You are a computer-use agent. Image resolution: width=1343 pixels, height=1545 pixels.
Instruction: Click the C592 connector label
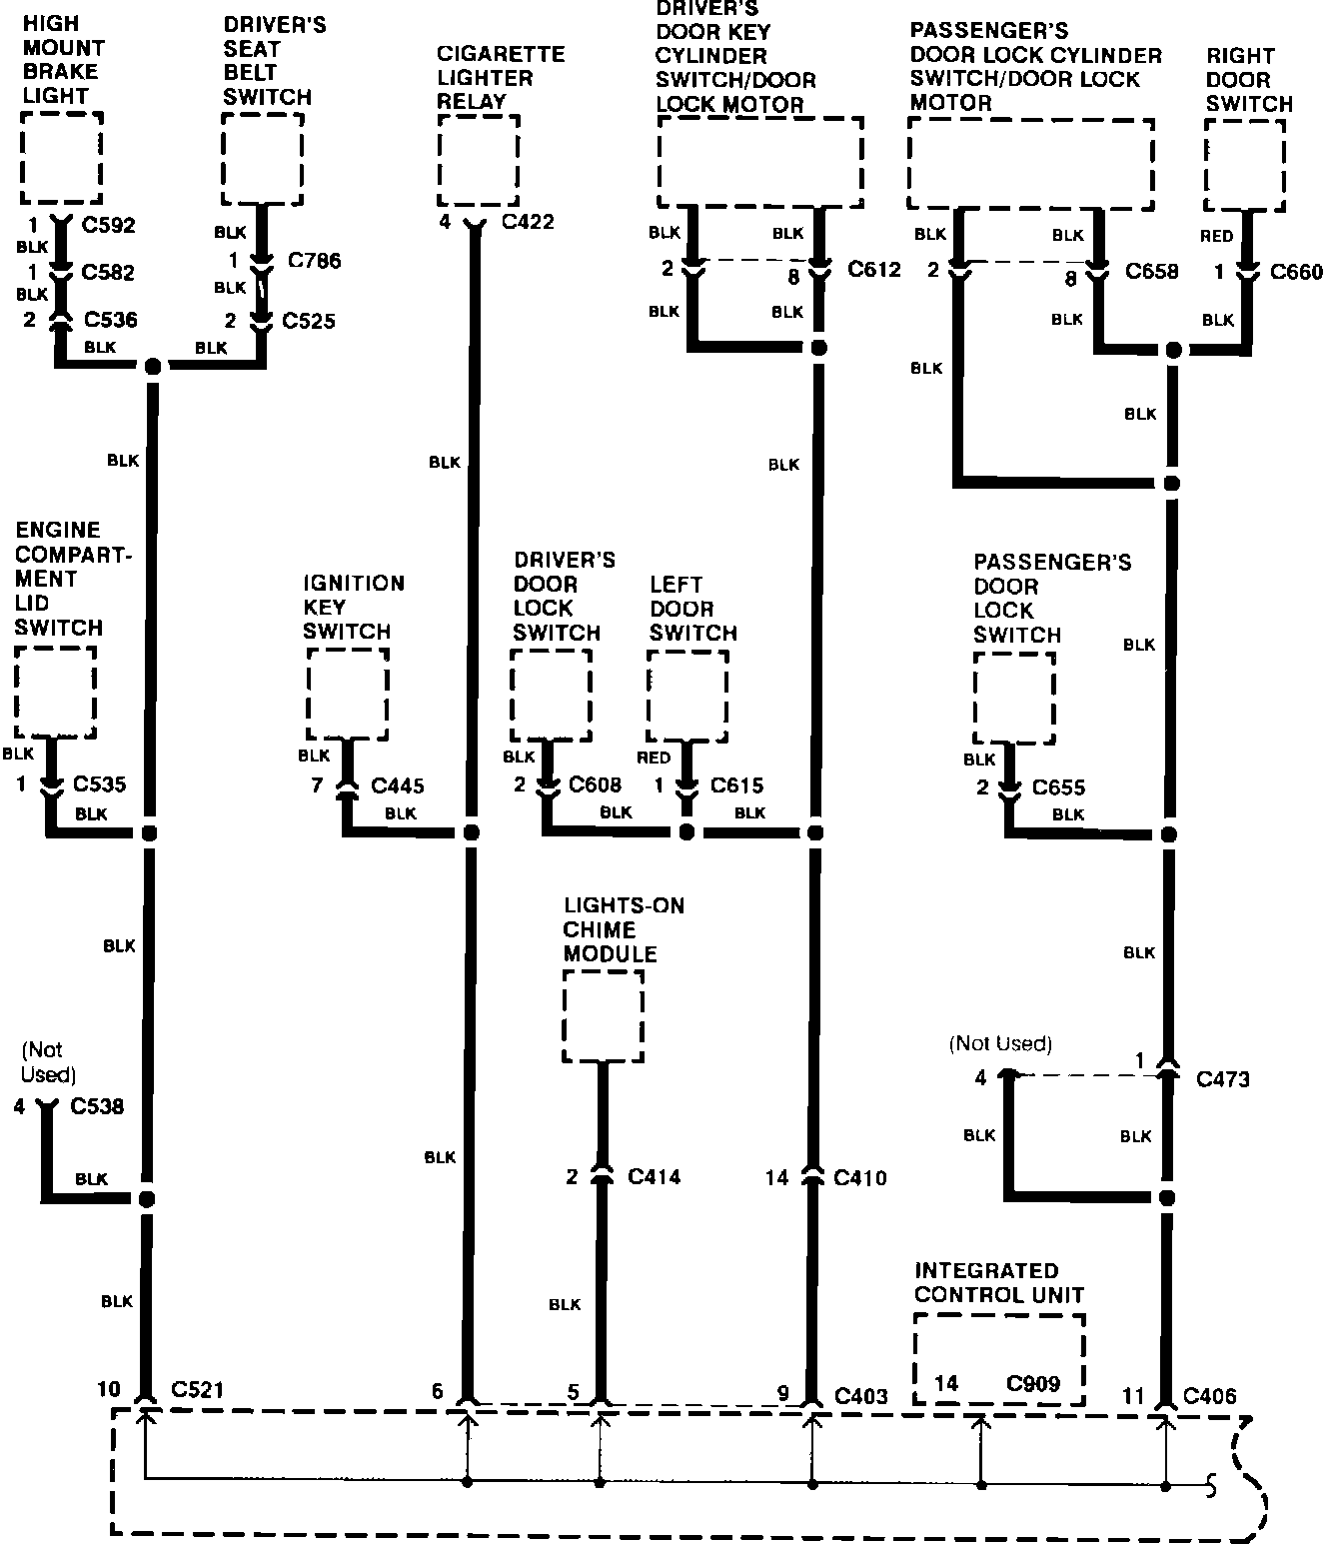pyautogui.click(x=108, y=226)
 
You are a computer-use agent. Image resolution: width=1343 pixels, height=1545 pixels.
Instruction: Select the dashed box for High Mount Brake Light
pyautogui.click(x=62, y=158)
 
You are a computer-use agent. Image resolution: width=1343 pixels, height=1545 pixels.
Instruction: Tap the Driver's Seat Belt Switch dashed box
pyautogui.click(x=263, y=158)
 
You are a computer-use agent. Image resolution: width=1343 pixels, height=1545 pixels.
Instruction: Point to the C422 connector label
pyautogui.click(x=528, y=222)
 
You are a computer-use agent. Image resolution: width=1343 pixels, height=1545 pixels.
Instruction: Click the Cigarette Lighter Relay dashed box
pyautogui.click(x=479, y=161)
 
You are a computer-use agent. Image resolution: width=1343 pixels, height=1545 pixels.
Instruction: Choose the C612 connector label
pyautogui.click(x=874, y=269)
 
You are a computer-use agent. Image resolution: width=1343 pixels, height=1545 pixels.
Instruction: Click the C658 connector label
pyautogui.click(x=1152, y=271)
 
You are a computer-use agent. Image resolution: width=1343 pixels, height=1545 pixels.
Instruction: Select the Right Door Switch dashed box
pyautogui.click(x=1245, y=166)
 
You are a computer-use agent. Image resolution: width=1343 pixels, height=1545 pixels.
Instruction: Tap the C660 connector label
pyautogui.click(x=1296, y=272)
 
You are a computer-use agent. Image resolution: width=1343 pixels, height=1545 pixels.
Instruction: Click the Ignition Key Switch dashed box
pyautogui.click(x=348, y=694)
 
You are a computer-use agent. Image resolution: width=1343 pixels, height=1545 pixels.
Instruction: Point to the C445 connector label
pyautogui.click(x=398, y=786)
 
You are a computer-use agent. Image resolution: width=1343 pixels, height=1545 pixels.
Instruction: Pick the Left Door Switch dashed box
pyautogui.click(x=687, y=696)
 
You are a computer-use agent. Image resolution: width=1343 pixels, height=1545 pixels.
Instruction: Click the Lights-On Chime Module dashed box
pyautogui.click(x=604, y=1016)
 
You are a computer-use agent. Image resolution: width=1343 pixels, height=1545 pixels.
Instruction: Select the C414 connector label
pyautogui.click(x=655, y=1177)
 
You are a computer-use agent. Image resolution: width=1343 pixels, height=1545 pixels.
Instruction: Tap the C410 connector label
pyautogui.click(x=860, y=1178)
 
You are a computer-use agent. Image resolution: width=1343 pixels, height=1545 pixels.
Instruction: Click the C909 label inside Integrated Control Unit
pyautogui.click(x=1033, y=1384)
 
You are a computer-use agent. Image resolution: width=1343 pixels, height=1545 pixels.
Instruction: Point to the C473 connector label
pyautogui.click(x=1223, y=1079)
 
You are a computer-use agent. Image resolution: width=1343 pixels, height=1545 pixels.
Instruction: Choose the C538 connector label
pyautogui.click(x=97, y=1106)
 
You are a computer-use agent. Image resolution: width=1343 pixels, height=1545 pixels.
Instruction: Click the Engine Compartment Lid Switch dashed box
pyautogui.click(x=56, y=693)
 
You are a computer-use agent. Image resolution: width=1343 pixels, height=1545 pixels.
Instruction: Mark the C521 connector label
pyautogui.click(x=198, y=1389)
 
